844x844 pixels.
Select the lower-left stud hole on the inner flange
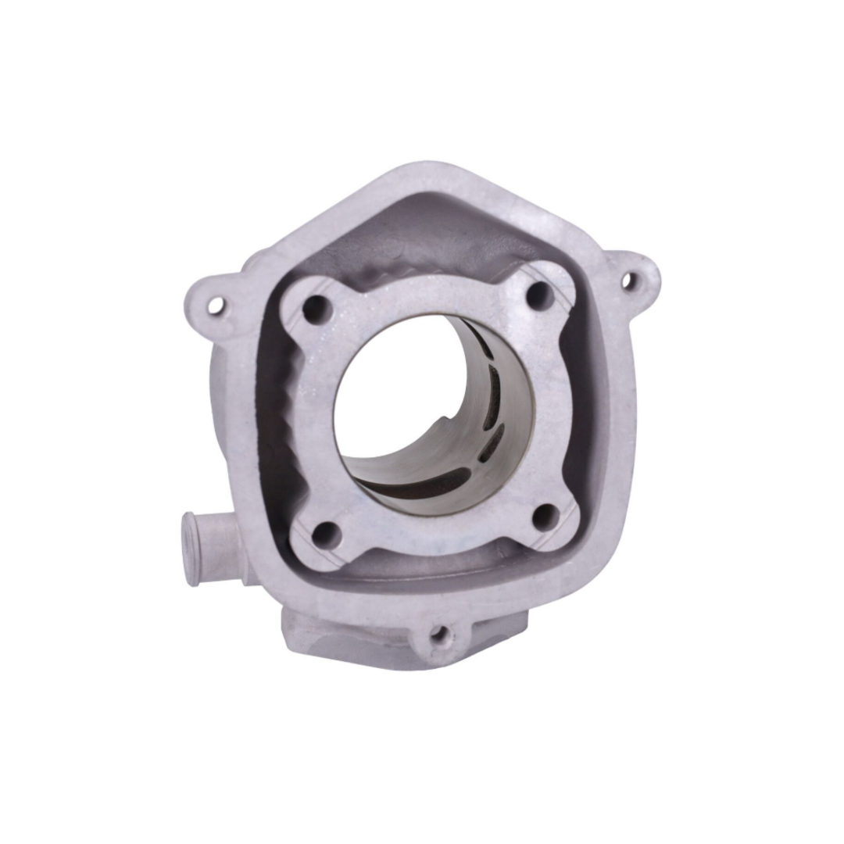[x=327, y=534]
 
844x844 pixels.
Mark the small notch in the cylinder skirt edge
[x=444, y=423]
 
